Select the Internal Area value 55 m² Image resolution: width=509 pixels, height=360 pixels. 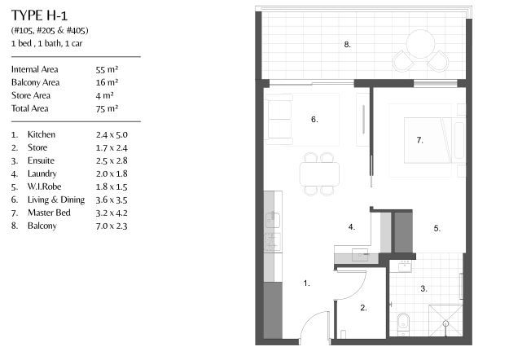pyautogui.click(x=107, y=70)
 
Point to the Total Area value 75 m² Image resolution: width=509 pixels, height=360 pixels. pyautogui.click(x=107, y=108)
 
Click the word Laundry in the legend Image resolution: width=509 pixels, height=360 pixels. pyautogui.click(x=42, y=173)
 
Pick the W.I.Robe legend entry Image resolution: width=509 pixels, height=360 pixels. pyautogui.click(x=43, y=187)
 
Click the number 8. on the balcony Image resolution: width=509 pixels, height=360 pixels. pyautogui.click(x=347, y=45)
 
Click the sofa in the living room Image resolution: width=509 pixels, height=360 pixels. pyautogui.click(x=279, y=119)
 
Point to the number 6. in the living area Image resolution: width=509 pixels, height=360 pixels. pyautogui.click(x=314, y=120)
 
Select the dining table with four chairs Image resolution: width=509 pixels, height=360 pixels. pyautogui.click(x=319, y=173)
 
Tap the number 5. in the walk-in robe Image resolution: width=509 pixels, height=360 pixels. pyautogui.click(x=437, y=229)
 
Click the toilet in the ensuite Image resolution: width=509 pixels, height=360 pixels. pyautogui.click(x=401, y=325)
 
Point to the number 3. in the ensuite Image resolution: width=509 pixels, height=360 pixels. pyautogui.click(x=423, y=288)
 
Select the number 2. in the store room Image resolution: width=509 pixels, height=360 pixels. pyautogui.click(x=363, y=308)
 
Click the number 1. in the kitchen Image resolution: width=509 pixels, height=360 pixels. pyautogui.click(x=306, y=283)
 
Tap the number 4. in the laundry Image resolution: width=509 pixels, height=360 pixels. pyautogui.click(x=351, y=227)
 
